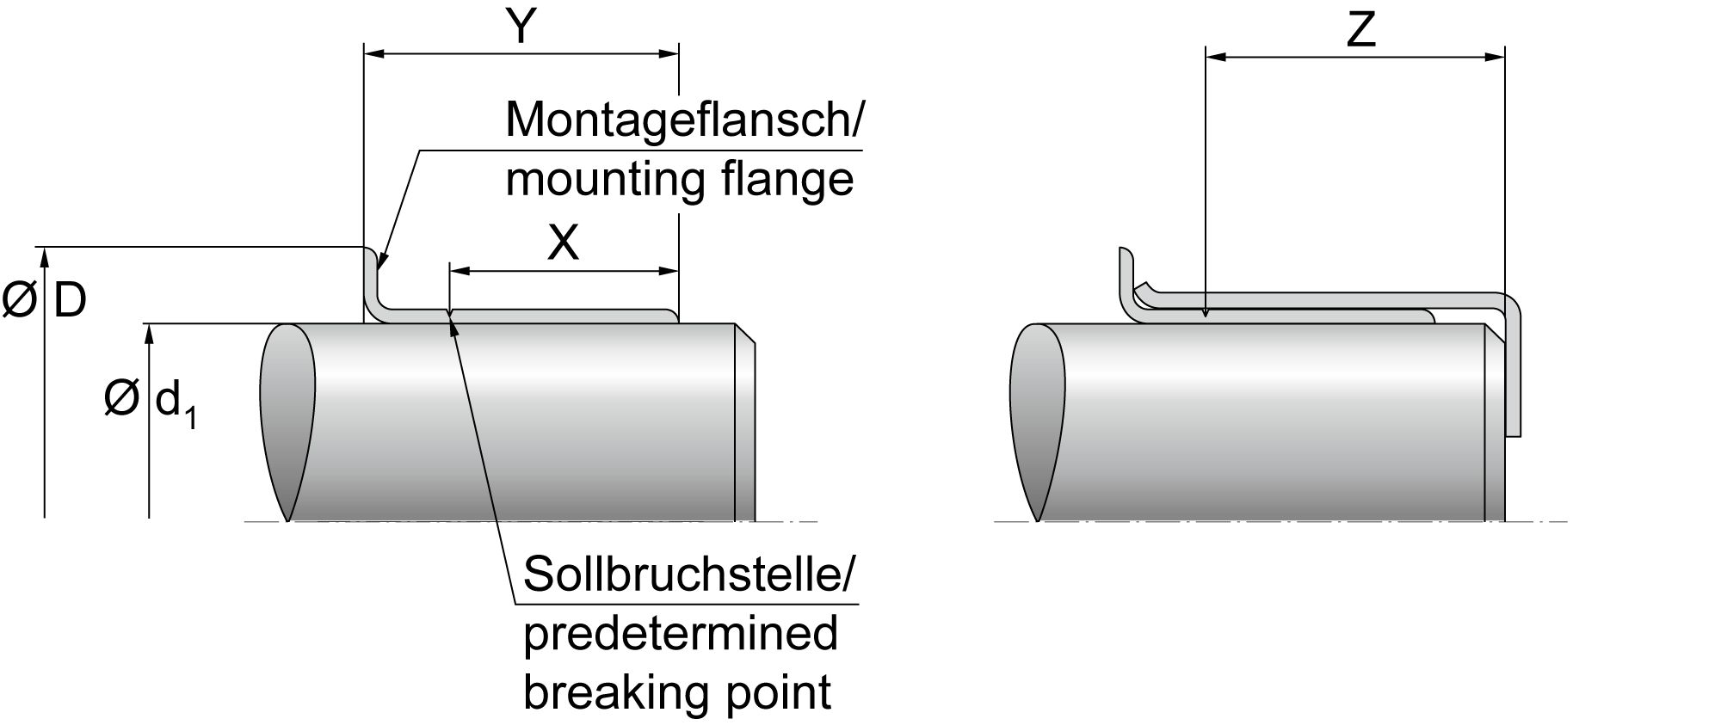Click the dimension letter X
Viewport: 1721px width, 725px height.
point(564,243)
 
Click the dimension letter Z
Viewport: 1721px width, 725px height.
point(1360,30)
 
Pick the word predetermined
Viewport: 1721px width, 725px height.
point(680,634)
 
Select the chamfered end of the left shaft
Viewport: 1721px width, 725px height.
point(745,421)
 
